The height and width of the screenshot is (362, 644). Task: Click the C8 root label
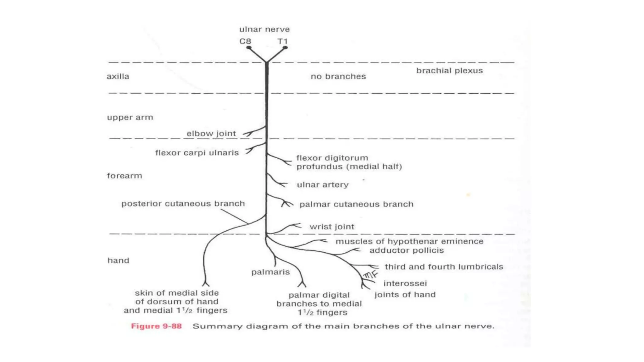pyautogui.click(x=245, y=41)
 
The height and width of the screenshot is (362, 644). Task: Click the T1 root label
pyautogui.click(x=282, y=41)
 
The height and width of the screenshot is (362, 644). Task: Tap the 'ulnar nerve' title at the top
pyautogui.click(x=264, y=30)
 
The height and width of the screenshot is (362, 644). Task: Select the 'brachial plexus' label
pyautogui.click(x=449, y=71)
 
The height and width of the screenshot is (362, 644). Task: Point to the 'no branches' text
pyautogui.click(x=338, y=76)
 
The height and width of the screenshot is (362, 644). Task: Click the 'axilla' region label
pyautogui.click(x=118, y=76)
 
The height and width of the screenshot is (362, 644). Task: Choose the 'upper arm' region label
pyautogui.click(x=130, y=118)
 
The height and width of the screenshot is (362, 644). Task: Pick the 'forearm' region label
pyautogui.click(x=125, y=176)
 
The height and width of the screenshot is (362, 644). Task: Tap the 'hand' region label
pyautogui.click(x=118, y=261)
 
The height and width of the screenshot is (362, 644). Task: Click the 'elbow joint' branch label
pyautogui.click(x=211, y=134)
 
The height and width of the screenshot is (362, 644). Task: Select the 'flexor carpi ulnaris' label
pyautogui.click(x=197, y=153)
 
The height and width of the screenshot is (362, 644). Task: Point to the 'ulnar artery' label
pyautogui.click(x=323, y=185)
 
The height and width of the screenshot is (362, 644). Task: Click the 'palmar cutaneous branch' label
pyautogui.click(x=356, y=204)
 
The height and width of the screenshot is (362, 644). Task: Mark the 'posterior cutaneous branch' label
pyautogui.click(x=183, y=204)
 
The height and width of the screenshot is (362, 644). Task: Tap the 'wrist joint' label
pyautogui.click(x=332, y=227)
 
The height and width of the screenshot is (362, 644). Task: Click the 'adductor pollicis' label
pyautogui.click(x=407, y=250)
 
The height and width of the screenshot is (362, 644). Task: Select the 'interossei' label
pyautogui.click(x=405, y=283)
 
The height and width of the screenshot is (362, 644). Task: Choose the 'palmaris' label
pyautogui.click(x=270, y=272)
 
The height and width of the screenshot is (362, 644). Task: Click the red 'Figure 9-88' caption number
pyautogui.click(x=156, y=326)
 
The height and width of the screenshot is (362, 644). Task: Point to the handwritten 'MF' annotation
pyautogui.click(x=370, y=275)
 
